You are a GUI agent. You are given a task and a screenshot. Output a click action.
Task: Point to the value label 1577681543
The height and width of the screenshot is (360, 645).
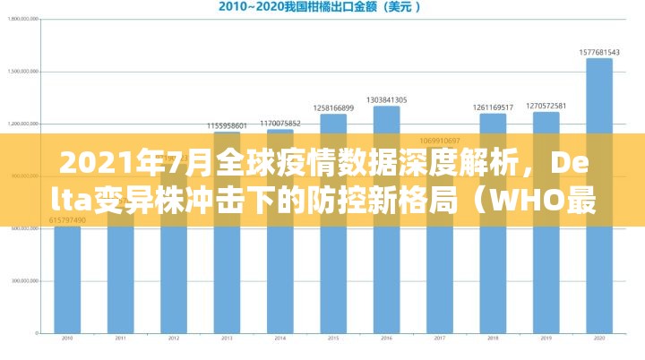pyautogui.click(x=599, y=51)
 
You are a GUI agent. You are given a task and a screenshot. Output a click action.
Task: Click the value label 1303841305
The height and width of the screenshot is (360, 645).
pyautogui.click(x=386, y=99)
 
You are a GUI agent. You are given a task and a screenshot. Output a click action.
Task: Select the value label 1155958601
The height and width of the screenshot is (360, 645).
pyautogui.click(x=227, y=125)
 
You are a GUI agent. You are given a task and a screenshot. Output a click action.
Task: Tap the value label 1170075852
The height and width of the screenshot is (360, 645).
pyautogui.click(x=280, y=123)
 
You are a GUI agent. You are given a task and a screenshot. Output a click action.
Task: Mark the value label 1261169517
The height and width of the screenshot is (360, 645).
pyautogui.click(x=493, y=107)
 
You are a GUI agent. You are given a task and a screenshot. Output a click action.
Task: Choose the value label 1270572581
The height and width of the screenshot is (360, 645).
pyautogui.click(x=546, y=106)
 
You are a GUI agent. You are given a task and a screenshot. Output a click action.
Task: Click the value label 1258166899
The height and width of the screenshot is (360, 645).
pyautogui.click(x=333, y=107)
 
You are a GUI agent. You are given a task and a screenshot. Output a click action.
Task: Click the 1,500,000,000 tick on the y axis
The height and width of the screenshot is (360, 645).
pyautogui.click(x=21, y=72)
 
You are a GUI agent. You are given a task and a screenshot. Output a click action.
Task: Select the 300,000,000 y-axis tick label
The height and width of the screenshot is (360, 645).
pyautogui.click(x=22, y=280)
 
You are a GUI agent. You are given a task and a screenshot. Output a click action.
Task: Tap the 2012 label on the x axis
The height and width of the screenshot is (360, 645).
pyautogui.click(x=174, y=339)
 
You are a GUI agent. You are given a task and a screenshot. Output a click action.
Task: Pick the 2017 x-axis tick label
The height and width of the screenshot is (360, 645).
pyautogui.click(x=440, y=339)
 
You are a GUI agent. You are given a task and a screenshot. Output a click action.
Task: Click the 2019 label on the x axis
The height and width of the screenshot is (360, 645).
pyautogui.click(x=546, y=339)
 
